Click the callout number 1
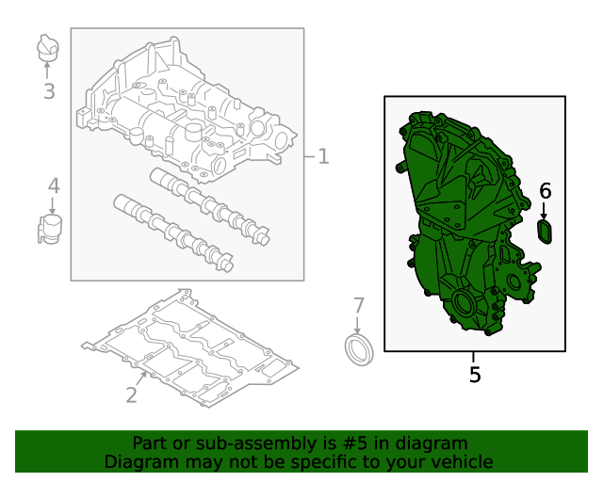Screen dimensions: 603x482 (x=324, y=157)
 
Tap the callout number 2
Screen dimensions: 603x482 (x=132, y=394)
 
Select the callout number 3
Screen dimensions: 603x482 (x=49, y=91)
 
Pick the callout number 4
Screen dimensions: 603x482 (x=54, y=185)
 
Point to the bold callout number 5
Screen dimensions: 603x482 (x=475, y=374)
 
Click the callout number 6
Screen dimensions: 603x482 (x=546, y=191)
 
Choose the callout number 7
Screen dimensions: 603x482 (x=358, y=306)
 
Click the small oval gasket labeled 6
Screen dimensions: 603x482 (x=545, y=232)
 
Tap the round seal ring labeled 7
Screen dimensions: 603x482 (x=359, y=350)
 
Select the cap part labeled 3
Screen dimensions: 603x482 (x=48, y=47)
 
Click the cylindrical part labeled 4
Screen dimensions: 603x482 (x=50, y=230)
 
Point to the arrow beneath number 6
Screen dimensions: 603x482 (x=544, y=211)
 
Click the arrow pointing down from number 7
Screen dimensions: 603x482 (x=358, y=326)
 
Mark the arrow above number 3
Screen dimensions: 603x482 (x=47, y=71)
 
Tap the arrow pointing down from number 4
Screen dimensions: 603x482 (x=53, y=205)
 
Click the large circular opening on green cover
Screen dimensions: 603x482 (x=464, y=304)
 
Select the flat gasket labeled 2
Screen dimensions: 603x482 (x=190, y=348)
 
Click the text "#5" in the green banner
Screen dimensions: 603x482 (x=354, y=443)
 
